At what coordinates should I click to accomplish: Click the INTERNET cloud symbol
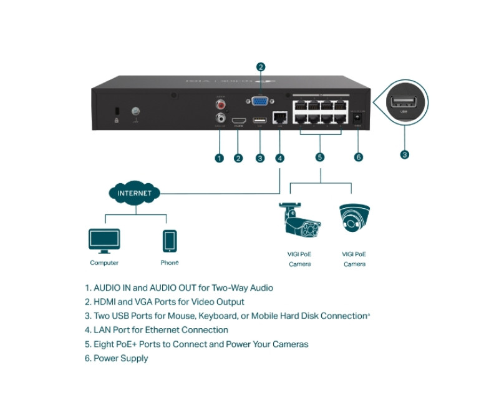(134, 192)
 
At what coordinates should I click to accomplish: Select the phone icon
(170, 241)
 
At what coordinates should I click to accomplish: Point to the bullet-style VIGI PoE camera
(300, 221)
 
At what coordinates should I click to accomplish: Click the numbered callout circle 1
(219, 157)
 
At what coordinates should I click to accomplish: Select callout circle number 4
(279, 157)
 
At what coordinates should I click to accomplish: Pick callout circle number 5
(320, 157)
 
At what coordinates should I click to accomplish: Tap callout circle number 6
(358, 157)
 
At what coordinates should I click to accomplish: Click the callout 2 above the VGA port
(261, 67)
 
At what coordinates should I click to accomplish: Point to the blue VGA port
(261, 102)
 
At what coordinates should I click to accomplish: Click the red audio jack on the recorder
(220, 104)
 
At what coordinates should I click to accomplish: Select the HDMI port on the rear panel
(238, 120)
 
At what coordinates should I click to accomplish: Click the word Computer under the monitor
(104, 263)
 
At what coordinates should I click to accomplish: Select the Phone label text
(170, 263)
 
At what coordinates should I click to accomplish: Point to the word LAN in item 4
(103, 330)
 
